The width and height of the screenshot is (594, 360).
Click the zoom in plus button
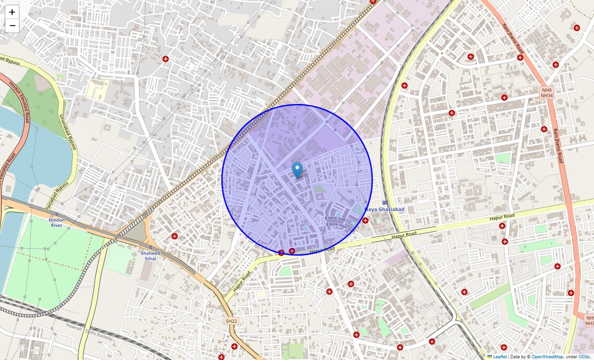point(12,12)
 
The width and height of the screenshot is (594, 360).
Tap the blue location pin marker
point(297,169)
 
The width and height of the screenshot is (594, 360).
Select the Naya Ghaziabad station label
point(385,209)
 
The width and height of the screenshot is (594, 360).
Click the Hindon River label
point(57,222)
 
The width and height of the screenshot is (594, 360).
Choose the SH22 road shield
point(232,321)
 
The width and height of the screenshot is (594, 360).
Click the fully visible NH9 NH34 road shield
point(547,93)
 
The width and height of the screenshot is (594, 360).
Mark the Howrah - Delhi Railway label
point(89,331)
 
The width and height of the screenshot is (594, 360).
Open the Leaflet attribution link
point(500,357)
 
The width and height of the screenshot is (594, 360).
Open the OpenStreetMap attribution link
point(547,357)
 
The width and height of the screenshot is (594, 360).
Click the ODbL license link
point(584,357)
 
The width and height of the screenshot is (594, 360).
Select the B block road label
point(335,219)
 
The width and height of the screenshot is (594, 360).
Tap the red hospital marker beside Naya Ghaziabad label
point(365,220)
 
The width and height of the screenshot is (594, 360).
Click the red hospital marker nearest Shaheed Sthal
point(175,236)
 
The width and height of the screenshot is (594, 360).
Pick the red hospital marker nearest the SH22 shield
point(234,346)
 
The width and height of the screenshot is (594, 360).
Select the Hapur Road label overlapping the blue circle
point(322,251)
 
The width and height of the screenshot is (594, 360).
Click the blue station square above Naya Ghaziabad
point(385,203)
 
